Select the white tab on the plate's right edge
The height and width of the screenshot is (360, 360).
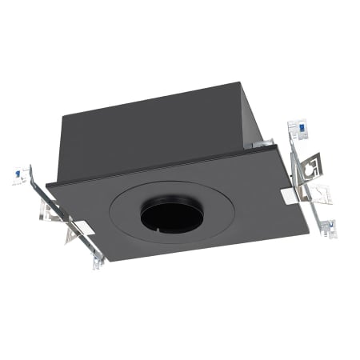(x=288, y=194)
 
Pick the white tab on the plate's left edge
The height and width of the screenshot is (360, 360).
(x=82, y=227)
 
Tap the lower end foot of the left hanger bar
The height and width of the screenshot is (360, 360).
(x=97, y=262)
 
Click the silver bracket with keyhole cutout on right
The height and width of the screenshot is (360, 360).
(x=310, y=165)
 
